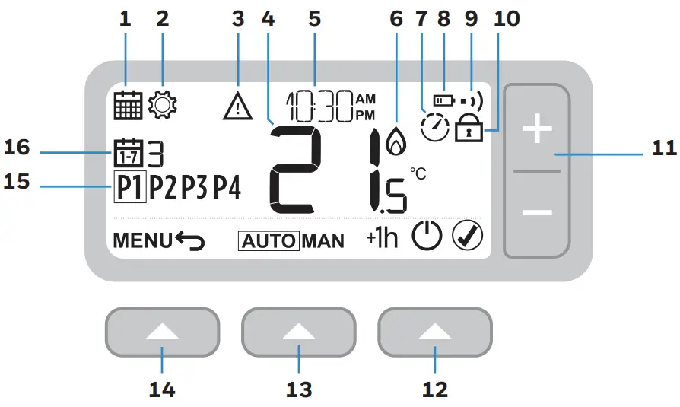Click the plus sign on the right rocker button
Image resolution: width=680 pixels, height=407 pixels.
(x=538, y=130)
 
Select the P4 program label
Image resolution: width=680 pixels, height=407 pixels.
(x=227, y=186)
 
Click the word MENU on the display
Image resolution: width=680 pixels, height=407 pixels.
(x=143, y=241)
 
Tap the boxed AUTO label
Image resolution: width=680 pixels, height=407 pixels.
(x=269, y=242)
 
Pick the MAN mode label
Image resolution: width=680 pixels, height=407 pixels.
(x=323, y=242)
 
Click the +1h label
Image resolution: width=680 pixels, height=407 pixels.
(x=382, y=239)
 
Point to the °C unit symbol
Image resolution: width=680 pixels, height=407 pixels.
(x=418, y=174)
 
